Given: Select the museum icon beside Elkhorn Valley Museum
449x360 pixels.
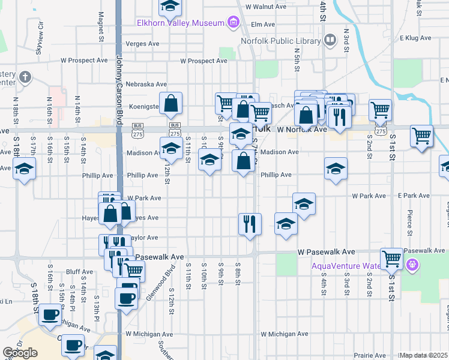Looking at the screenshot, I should click(233, 23).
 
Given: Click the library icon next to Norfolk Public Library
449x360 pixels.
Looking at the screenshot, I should click(330, 40).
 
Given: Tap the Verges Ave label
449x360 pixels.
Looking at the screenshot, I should click(143, 44).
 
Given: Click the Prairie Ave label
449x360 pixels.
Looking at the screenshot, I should click(370, 355).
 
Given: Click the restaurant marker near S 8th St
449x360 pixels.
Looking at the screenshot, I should click(249, 224).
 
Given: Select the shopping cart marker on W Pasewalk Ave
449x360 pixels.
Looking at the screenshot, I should click(392, 259).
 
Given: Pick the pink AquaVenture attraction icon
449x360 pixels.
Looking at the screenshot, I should click(412, 264).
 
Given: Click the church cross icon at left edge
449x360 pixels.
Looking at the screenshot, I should click(24, 77).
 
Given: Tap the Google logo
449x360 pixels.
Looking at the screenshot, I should click(20, 353).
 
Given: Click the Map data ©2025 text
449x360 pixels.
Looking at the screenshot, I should click(424, 355).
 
